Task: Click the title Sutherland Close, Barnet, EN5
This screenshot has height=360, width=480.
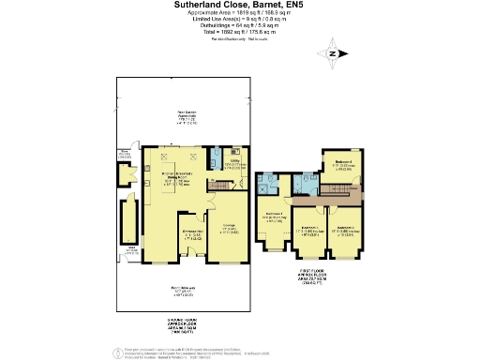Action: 239,5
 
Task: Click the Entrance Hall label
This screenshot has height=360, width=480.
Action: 193,234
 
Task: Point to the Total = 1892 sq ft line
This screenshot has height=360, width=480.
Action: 239,34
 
